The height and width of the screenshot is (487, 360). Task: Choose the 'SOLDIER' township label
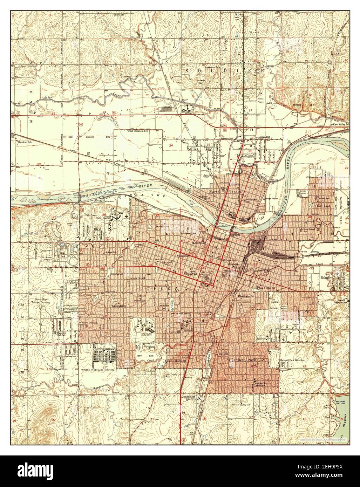[x=225, y=70]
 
